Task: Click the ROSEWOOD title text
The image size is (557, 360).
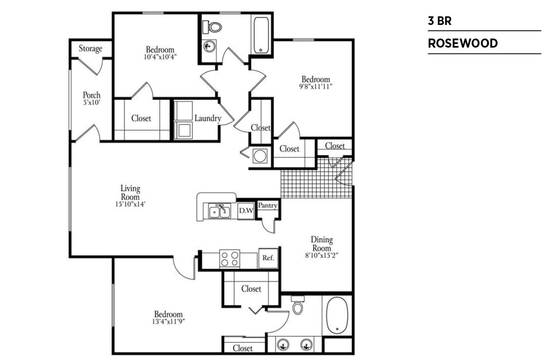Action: click(463, 43)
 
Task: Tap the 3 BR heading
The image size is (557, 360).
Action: click(440, 21)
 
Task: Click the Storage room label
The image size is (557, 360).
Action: click(91, 49)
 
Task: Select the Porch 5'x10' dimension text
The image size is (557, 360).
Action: click(92, 102)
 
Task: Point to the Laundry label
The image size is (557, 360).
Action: click(208, 118)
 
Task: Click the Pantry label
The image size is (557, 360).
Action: click(268, 205)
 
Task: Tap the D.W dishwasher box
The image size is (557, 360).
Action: click(246, 211)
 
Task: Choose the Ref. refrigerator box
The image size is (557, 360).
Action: click(269, 258)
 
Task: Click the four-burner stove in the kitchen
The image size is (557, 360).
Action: click(230, 259)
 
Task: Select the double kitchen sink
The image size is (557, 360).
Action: click(220, 211)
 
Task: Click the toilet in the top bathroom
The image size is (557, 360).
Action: click(212, 27)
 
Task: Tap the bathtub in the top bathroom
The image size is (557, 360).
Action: click(261, 35)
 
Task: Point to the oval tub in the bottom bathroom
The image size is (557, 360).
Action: click(337, 315)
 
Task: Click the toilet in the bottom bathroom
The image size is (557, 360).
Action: click(298, 305)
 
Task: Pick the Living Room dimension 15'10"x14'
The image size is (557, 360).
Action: click(130, 204)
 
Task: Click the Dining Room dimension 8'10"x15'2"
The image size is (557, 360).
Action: click(322, 255)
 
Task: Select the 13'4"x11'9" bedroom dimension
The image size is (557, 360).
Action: click(169, 322)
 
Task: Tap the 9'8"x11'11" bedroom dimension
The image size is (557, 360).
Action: click(316, 87)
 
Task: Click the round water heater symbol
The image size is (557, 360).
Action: click(260, 156)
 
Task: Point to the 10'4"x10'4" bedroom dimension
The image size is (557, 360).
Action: click(161, 57)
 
